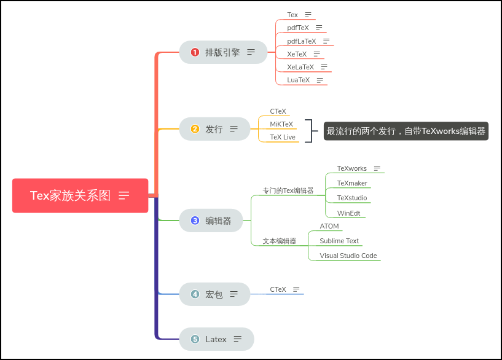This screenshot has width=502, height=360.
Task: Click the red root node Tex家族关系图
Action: [x=80, y=195]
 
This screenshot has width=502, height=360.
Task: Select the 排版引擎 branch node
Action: [x=223, y=52]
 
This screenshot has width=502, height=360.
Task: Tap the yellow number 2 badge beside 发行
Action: [x=195, y=129]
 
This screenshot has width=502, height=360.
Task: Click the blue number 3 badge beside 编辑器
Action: [x=195, y=221]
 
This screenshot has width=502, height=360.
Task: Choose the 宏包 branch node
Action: [x=214, y=294]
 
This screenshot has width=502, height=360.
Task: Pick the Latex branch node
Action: [x=216, y=339]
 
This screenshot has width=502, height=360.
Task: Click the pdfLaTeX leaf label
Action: [x=302, y=41]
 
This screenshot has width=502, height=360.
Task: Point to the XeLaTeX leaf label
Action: [x=300, y=67]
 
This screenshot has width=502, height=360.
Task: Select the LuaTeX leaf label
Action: [x=299, y=80]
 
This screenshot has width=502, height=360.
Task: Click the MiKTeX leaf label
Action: [x=281, y=124]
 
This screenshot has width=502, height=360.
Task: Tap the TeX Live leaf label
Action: [x=283, y=137]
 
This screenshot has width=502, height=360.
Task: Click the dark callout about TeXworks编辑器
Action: [x=406, y=131]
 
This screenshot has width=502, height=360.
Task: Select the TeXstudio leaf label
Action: [x=352, y=198]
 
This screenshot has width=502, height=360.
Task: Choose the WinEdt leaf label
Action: [x=348, y=213]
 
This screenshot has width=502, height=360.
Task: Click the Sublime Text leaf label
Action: [x=339, y=241]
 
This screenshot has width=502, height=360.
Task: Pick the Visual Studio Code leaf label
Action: [x=348, y=256]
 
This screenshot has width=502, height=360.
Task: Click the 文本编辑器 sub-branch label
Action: [x=280, y=241]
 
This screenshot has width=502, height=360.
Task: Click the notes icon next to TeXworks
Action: [x=377, y=168]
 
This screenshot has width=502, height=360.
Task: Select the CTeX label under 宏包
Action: [x=278, y=289]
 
